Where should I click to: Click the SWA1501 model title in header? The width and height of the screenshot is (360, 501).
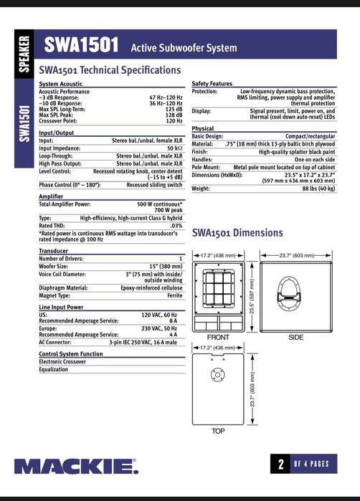[81, 46]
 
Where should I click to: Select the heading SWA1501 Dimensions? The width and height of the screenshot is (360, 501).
[237, 233]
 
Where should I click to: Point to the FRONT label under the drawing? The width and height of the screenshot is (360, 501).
[217, 337]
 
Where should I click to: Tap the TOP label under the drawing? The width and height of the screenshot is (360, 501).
[217, 431]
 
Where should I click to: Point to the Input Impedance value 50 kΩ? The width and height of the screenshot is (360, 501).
[172, 148]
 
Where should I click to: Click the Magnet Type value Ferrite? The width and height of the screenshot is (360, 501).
[174, 295]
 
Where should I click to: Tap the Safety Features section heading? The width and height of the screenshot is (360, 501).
[212, 84]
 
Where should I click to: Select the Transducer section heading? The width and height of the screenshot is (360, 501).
[53, 252]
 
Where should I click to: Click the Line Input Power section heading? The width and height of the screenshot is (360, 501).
[61, 307]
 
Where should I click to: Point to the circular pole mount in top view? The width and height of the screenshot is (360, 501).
[217, 374]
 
